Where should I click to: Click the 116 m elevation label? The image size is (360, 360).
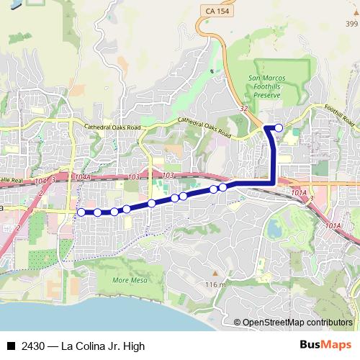point(215,285)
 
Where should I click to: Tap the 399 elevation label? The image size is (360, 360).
point(351,24)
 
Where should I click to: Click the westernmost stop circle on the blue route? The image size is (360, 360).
point(81,212)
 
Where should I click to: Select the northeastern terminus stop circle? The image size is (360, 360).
point(279,127)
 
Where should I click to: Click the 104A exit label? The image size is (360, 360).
point(83,176)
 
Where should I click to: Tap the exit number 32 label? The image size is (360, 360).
point(244,109)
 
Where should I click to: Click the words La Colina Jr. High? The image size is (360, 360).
point(104,346)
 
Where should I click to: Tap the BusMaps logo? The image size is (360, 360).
point(326,345)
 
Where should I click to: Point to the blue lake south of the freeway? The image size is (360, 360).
point(274,228)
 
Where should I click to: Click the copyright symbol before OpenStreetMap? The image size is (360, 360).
point(237,323)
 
